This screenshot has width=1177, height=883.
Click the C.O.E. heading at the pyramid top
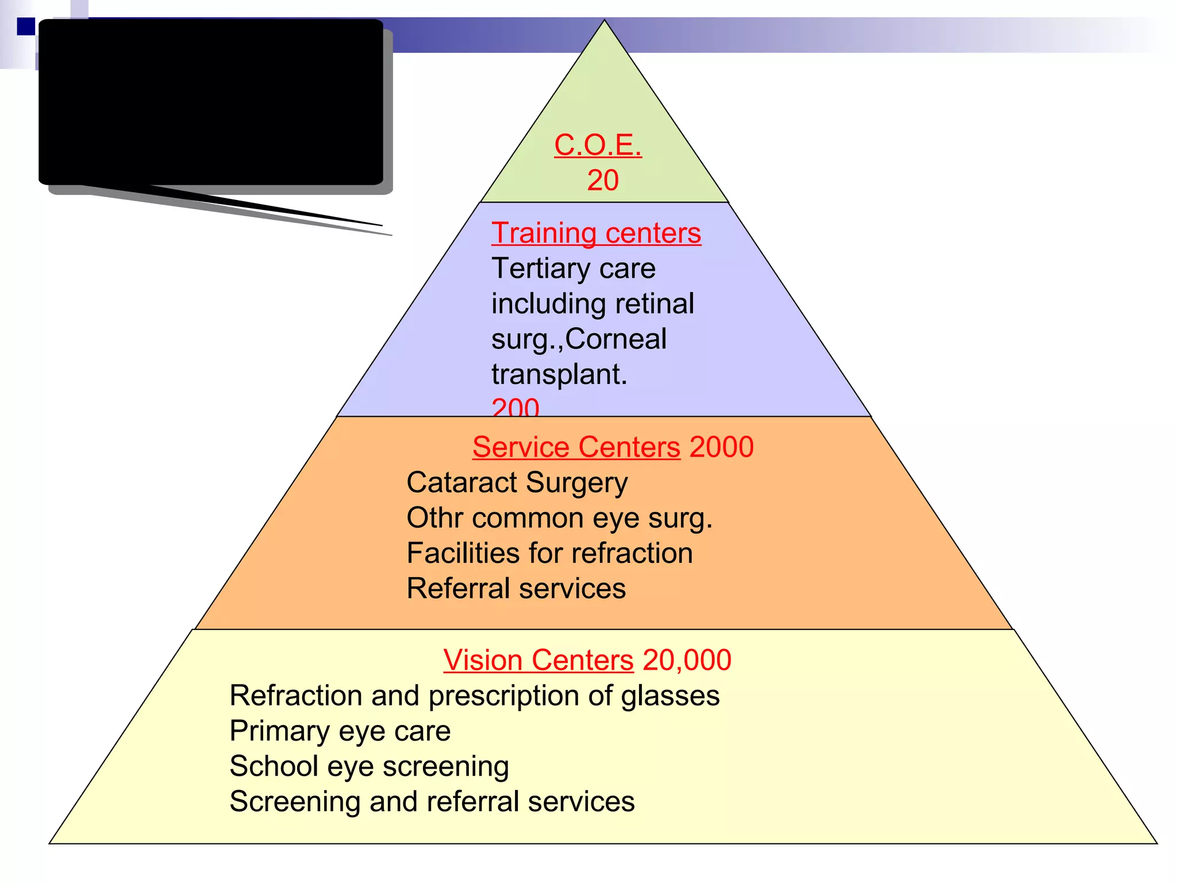click(598, 145)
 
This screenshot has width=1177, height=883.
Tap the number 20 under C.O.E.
click(602, 181)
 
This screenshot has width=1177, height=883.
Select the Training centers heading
click(596, 233)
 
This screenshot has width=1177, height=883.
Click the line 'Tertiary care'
click(573, 268)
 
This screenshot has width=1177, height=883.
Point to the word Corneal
click(616, 339)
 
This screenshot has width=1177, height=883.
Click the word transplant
click(559, 374)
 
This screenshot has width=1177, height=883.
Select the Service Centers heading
click(576, 447)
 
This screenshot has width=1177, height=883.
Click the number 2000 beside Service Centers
click(721, 447)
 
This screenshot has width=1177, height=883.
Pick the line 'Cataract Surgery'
click(517, 483)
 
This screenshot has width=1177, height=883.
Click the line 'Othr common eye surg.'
click(559, 518)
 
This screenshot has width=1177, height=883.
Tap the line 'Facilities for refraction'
click(549, 554)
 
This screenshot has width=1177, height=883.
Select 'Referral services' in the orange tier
click(516, 589)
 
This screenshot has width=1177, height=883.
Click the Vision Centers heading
click(538, 660)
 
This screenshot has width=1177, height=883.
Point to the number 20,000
click(687, 660)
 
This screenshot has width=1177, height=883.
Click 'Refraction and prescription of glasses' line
click(474, 696)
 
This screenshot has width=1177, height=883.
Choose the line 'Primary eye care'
click(340, 731)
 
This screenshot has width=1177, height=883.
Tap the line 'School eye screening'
click(369, 766)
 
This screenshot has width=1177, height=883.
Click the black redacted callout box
click(210, 102)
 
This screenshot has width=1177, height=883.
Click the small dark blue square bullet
click(26, 26)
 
